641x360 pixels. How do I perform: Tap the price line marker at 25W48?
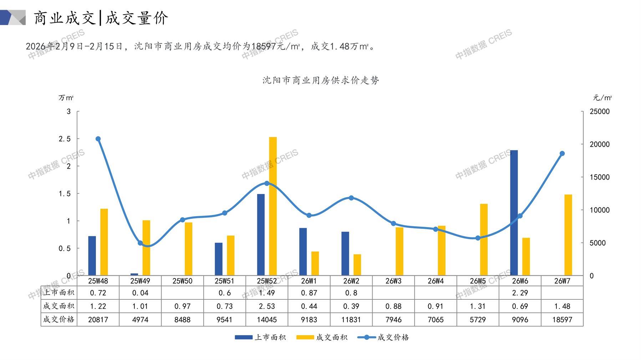[98, 139]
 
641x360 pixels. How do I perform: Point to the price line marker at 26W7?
[562, 154]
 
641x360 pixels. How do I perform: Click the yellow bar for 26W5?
[484, 240]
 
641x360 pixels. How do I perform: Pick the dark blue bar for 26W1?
[303, 252]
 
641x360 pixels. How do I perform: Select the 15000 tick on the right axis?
[600, 177]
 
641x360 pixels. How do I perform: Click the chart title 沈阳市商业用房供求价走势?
[321, 80]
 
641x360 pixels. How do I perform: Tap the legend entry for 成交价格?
[383, 337]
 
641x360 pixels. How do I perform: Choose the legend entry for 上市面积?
[261, 337]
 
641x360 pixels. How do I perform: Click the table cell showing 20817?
[98, 320]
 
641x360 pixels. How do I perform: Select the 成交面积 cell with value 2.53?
[267, 306]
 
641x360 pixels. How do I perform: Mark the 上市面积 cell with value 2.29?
[520, 293]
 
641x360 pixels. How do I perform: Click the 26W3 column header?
[393, 281]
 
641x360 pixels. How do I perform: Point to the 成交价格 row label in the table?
[59, 320]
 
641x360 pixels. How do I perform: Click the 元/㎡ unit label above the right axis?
[602, 98]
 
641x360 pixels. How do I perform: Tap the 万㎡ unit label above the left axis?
[66, 98]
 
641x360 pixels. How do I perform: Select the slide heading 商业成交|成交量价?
[101, 18]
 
